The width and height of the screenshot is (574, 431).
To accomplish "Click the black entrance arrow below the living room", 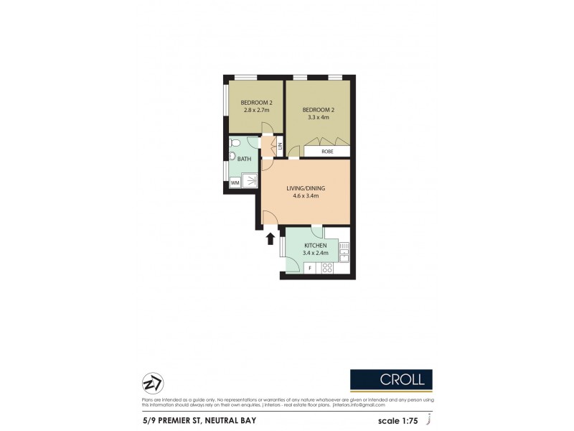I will tap(270, 238).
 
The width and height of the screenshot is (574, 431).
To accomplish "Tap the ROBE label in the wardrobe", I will tap(326, 152).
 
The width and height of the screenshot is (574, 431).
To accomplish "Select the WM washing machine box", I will tap(235, 182).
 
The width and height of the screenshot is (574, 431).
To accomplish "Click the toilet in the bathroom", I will tap(232, 154).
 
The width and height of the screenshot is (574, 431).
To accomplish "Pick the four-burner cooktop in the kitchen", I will tap(327, 269).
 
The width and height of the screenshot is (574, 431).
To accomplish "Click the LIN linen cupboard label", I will tap(280, 147).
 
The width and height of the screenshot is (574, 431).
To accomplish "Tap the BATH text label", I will tap(244, 159).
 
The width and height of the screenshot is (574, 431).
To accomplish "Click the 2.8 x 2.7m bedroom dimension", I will tap(255, 111).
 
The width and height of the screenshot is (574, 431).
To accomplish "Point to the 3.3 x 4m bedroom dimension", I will tap(319, 118).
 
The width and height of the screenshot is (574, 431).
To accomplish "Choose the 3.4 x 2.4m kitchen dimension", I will tap(315, 253).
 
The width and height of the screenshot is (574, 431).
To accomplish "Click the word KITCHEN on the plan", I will tap(315, 245).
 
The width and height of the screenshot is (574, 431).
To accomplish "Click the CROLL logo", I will tap(391, 379).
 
